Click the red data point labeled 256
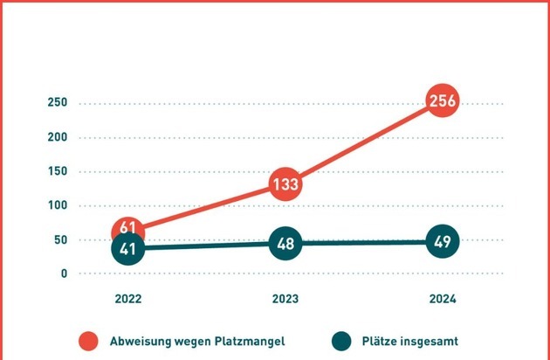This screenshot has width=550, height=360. (x=441, y=102)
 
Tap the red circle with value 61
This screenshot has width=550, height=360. (x=128, y=229)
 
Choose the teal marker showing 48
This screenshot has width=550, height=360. (x=285, y=244)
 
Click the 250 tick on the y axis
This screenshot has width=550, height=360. (x=58, y=103)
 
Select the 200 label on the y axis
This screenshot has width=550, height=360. (x=58, y=137)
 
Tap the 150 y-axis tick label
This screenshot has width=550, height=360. (x=58, y=171)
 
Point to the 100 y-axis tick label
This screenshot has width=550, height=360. (x=58, y=205)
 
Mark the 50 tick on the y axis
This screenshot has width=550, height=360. (x=60, y=239)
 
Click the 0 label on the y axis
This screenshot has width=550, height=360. (x=64, y=273)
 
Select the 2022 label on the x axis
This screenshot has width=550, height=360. (x=128, y=299)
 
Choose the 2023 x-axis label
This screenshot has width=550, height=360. (x=285, y=299)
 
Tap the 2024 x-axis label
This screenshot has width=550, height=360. (x=442, y=299)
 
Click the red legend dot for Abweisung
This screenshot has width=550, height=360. (x=87, y=341)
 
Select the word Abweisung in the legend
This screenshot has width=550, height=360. (x=139, y=342)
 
